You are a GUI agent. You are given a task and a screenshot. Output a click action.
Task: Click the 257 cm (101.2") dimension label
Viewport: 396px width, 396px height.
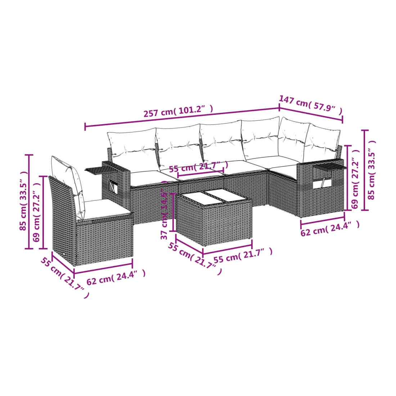tap(178, 111)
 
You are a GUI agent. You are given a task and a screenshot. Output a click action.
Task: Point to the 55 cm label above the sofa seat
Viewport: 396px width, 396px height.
tap(198, 167)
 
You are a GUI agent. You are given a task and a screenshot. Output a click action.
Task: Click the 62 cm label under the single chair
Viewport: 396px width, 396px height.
tap(116, 277)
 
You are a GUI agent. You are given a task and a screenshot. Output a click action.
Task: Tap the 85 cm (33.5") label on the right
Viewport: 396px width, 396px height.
tap(372, 170)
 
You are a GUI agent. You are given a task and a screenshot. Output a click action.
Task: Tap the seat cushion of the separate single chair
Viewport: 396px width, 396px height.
tap(106, 210)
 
